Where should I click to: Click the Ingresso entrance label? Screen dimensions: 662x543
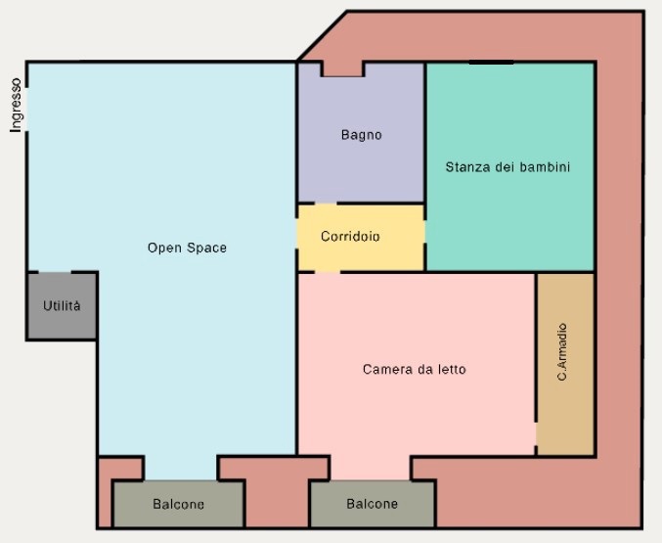(x=16, y=106)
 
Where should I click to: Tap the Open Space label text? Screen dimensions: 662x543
(x=187, y=248)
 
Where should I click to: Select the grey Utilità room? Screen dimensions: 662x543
(x=62, y=306)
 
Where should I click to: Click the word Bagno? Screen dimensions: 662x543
(x=362, y=135)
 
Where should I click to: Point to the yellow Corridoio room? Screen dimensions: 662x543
(x=361, y=238)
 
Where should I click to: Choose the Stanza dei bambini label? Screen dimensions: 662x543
(x=508, y=167)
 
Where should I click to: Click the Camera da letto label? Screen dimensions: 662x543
(x=415, y=369)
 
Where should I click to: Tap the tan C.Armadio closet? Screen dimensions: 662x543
(x=565, y=364)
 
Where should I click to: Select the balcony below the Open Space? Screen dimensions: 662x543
(x=179, y=504)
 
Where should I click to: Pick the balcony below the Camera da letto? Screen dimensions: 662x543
(x=373, y=504)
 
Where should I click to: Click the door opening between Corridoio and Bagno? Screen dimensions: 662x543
(x=326, y=204)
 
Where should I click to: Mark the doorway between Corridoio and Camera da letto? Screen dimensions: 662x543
(x=328, y=272)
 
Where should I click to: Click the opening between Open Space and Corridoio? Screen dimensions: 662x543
(x=297, y=236)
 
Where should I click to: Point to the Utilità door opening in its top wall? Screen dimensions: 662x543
(x=55, y=273)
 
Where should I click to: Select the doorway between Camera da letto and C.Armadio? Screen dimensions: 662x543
(x=536, y=433)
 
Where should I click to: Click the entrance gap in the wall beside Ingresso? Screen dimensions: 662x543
(x=27, y=110)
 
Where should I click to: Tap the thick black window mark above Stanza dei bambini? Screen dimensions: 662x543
(x=491, y=62)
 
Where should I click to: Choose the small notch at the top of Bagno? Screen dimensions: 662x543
(x=342, y=68)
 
